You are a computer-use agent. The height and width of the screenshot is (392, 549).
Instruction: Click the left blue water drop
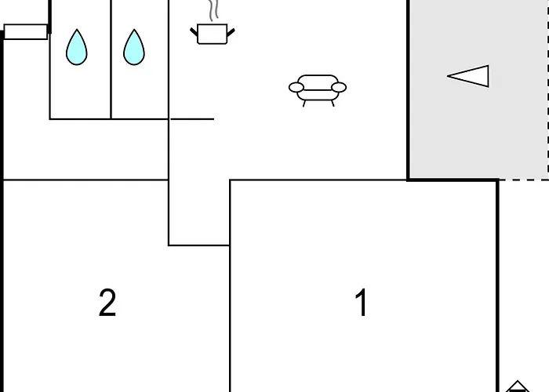point(77,48)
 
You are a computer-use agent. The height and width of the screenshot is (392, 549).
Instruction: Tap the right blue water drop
point(134,48)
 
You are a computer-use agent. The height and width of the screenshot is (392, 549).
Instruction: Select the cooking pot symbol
point(213,34)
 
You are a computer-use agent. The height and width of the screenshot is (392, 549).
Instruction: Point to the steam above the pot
point(213,10)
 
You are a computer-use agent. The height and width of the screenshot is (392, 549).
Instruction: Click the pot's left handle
point(194,32)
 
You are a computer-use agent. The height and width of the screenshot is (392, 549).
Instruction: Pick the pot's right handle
point(231,33)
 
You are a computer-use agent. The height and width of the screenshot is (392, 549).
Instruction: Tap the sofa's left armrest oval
point(296,87)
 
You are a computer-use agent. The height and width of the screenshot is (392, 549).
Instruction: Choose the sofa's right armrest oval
point(339,87)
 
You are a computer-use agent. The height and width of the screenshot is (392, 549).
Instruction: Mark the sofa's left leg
point(304,103)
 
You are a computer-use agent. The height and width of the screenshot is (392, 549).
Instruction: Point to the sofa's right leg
point(333,103)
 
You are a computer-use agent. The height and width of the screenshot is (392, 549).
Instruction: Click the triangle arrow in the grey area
point(468,76)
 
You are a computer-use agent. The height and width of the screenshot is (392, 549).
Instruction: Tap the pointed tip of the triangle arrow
point(447,75)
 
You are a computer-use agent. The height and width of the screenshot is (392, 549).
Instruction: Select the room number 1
point(361,302)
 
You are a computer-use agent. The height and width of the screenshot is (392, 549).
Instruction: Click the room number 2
point(107,303)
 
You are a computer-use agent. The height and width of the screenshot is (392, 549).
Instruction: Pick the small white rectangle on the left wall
point(26,32)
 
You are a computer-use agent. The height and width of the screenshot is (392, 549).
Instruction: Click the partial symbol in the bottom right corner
point(518,387)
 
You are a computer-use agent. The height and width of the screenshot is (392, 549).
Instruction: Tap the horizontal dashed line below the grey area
point(524,180)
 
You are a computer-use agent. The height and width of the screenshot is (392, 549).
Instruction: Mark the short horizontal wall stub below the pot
point(192,119)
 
